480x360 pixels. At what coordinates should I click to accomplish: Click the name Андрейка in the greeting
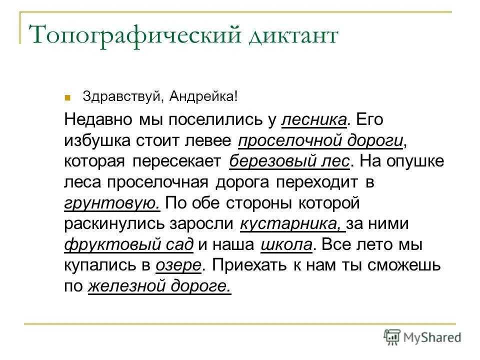(x=200, y=95)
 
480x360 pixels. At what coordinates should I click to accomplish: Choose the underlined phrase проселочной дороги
(x=320, y=141)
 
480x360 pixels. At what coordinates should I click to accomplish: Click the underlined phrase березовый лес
(x=290, y=162)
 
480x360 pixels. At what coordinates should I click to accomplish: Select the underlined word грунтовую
(x=112, y=203)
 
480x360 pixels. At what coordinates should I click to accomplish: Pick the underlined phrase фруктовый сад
(x=128, y=245)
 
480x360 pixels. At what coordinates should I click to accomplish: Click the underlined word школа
(x=286, y=245)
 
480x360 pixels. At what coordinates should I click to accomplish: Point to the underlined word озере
(x=178, y=265)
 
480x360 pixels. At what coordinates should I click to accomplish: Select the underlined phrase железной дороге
(x=159, y=286)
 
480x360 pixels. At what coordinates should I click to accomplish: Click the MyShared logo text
(x=432, y=337)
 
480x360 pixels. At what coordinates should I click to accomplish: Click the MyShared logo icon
(x=392, y=337)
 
